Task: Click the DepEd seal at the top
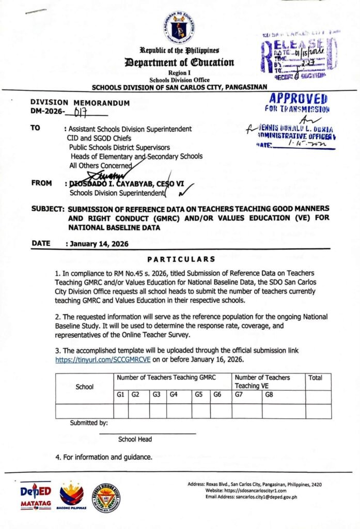coord(180,25)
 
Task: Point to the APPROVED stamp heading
coord(299,99)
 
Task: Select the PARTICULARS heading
coord(181,259)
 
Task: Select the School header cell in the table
coord(84,386)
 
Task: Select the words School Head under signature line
coord(135,439)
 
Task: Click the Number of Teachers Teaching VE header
coord(262,381)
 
